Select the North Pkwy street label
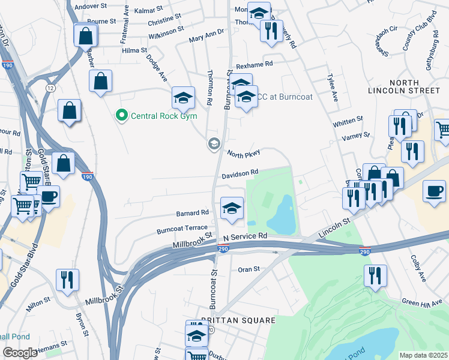click(x=243, y=154)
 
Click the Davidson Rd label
click(x=240, y=173)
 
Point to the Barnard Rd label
click(x=192, y=212)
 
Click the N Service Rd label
click(x=245, y=237)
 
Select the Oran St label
click(x=249, y=269)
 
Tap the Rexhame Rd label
click(x=254, y=64)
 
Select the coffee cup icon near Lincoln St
click(x=434, y=192)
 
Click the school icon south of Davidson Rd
click(x=232, y=209)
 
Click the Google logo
click(x=20, y=353)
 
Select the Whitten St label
click(x=348, y=121)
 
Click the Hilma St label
click(x=134, y=51)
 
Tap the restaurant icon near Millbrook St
click(x=67, y=280)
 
